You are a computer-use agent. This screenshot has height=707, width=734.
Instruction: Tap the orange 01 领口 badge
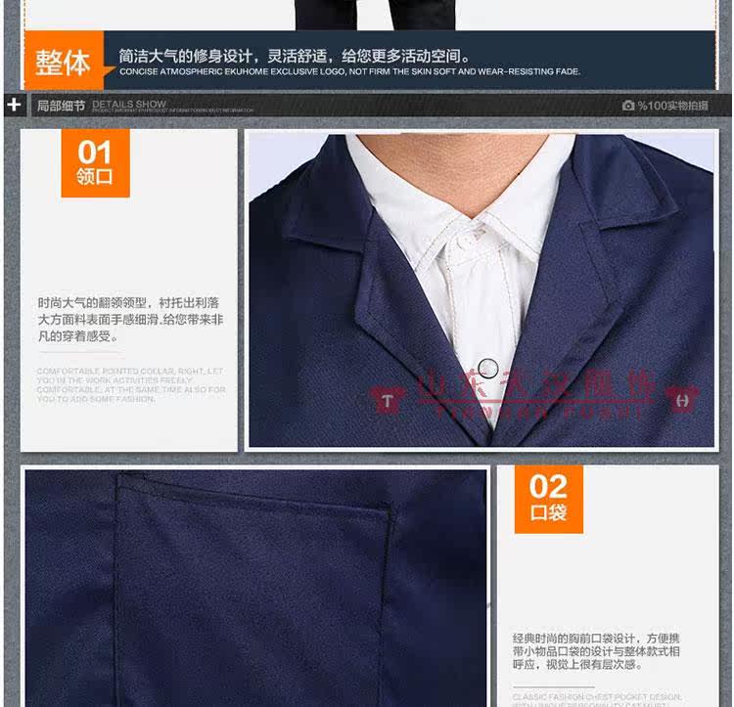coord(95,163)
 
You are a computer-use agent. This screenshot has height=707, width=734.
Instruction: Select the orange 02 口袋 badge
coord(548,499)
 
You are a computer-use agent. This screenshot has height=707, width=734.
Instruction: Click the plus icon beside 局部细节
coord(14,104)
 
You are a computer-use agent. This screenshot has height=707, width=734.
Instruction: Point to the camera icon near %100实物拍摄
coord(627,105)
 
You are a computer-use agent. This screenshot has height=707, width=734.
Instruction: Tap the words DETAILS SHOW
coord(129,103)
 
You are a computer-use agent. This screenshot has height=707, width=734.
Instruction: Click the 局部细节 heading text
coord(61,105)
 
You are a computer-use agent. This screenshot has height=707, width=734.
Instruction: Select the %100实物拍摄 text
coord(672,105)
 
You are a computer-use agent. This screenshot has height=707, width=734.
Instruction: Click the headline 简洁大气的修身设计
coord(294,56)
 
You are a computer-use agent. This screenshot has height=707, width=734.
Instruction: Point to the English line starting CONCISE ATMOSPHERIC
coord(349,71)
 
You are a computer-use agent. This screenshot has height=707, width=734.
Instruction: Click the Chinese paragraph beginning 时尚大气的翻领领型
coord(130,319)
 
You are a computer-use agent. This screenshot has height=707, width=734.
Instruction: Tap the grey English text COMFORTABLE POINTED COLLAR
coord(130,384)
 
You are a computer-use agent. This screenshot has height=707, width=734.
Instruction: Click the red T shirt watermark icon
coord(389,399)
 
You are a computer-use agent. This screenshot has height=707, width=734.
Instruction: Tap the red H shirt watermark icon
coord(682,399)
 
